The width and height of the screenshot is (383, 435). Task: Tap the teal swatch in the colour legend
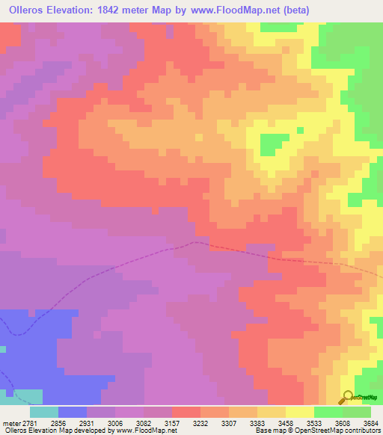tap(44, 411)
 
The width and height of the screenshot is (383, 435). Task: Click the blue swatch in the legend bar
tap(73, 411)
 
